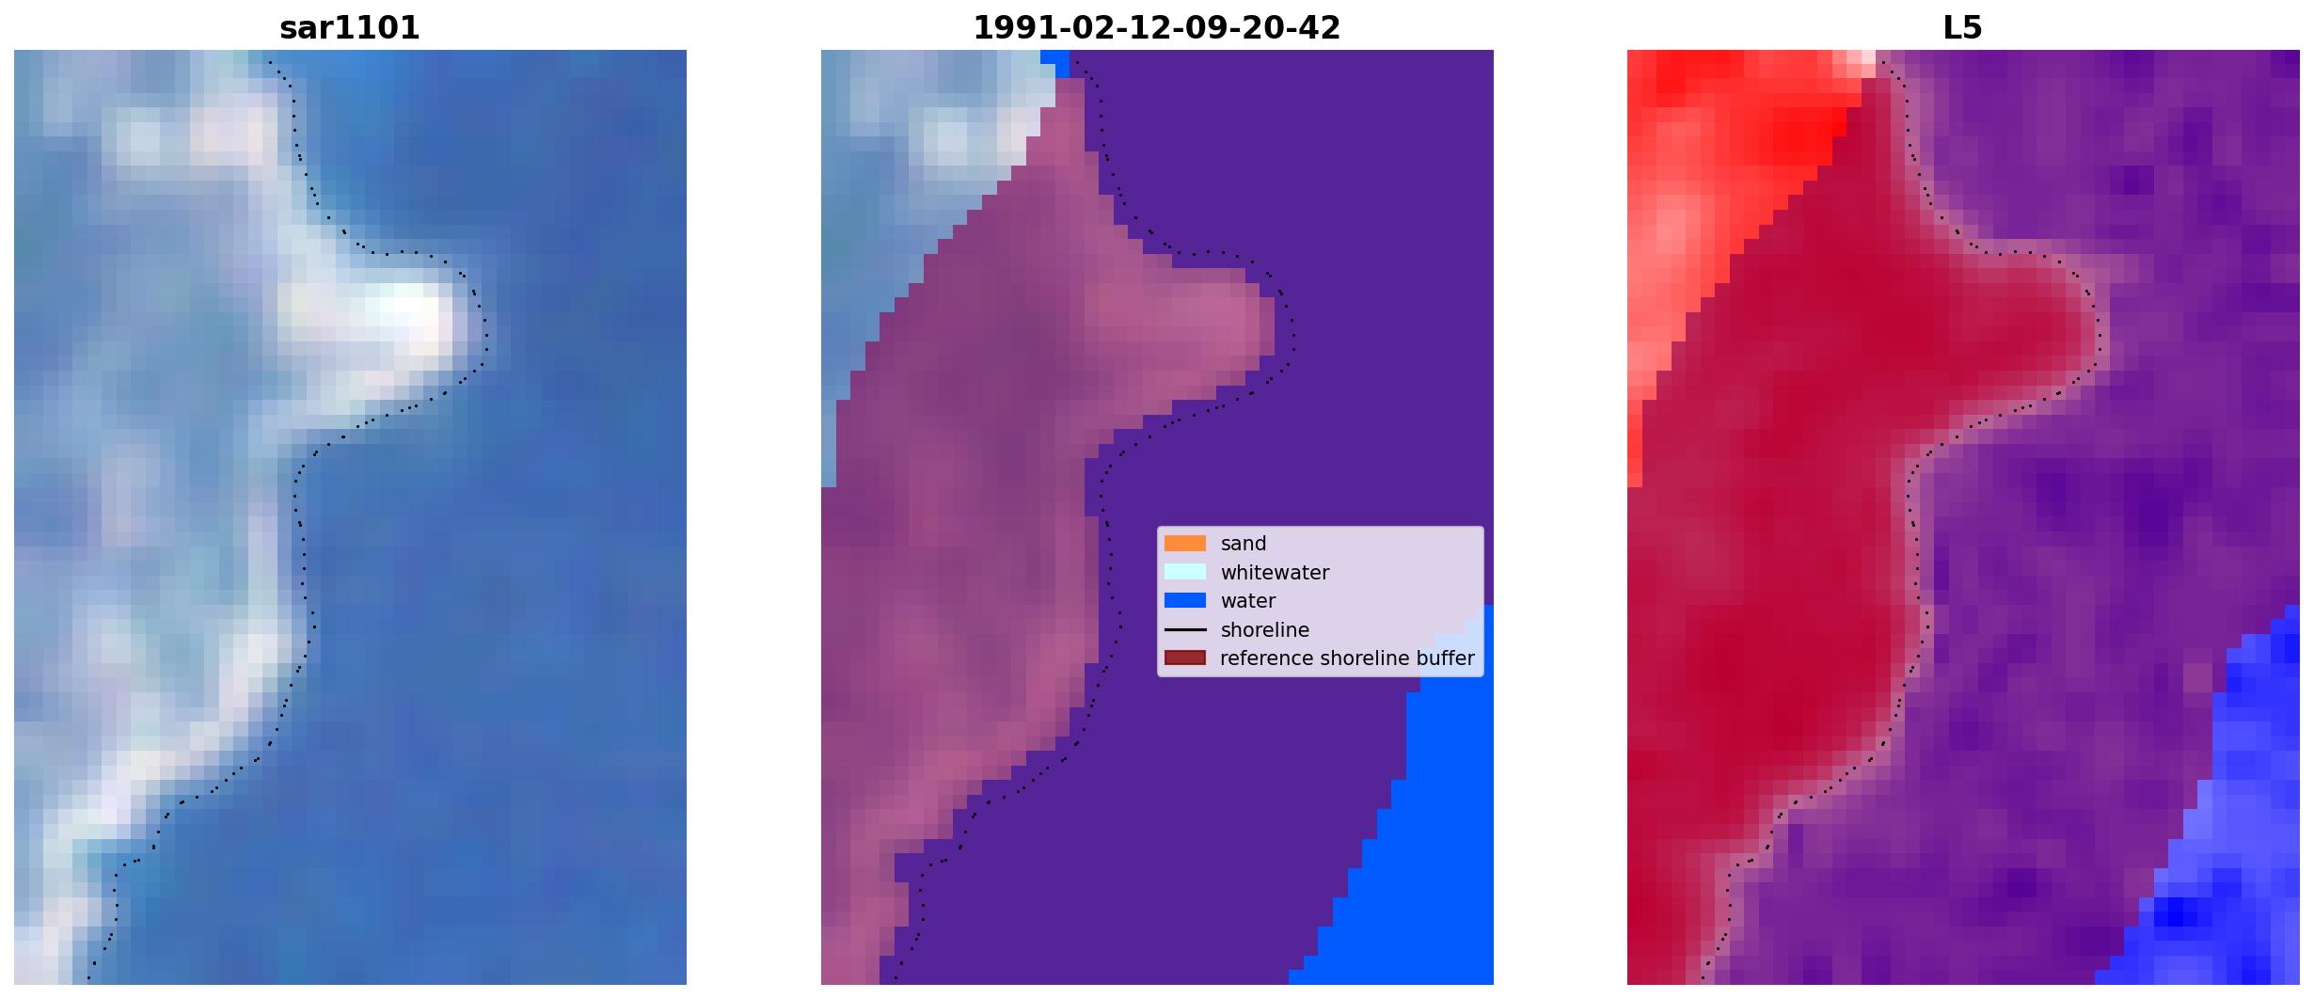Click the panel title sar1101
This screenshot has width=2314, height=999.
click(349, 28)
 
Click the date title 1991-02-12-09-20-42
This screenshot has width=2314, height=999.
click(1156, 28)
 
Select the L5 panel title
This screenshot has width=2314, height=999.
click(1962, 28)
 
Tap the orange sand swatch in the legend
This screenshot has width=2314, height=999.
click(1185, 543)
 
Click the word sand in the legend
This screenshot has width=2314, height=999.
click(1244, 544)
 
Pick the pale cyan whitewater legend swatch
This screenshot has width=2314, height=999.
click(1185, 572)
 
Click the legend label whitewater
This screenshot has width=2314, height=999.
click(1275, 573)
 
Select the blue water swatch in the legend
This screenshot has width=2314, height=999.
click(1185, 600)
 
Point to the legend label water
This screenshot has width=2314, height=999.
click(1248, 601)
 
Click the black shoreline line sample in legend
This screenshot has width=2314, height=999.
click(1185, 629)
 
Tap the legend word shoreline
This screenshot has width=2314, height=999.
click(1265, 630)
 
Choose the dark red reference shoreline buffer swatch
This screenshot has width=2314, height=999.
click(1185, 658)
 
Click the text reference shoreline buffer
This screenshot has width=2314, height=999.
click(1347, 658)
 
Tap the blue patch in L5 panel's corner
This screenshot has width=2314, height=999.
click(2239, 847)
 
